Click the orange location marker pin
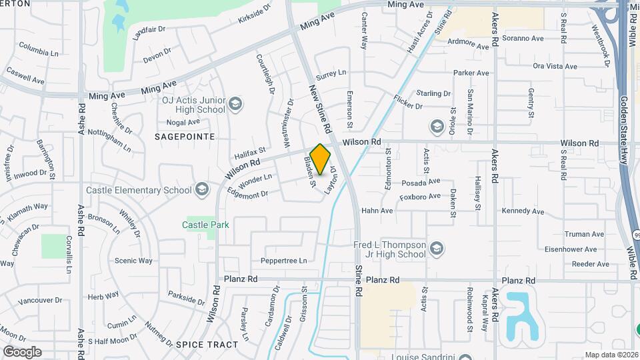(321, 159)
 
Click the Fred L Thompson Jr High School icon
(436, 249)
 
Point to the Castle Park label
(205, 225)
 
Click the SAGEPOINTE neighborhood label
(185, 136)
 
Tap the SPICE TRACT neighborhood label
(207, 344)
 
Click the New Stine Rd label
(321, 107)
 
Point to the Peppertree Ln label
(284, 260)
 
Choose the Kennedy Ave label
(523, 211)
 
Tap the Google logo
(22, 351)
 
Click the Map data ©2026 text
(611, 355)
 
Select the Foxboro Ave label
(420, 197)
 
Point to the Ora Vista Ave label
(555, 66)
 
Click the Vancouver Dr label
(40, 301)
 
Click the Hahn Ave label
(377, 211)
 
